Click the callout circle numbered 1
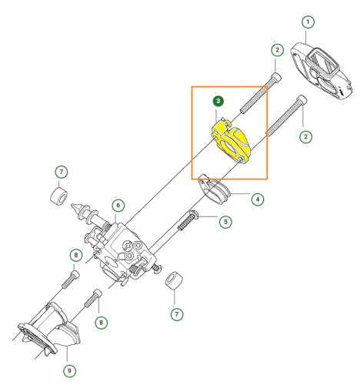(308, 22)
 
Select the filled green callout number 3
(218, 101)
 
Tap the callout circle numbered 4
(258, 199)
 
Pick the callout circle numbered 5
(225, 222)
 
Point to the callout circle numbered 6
(118, 206)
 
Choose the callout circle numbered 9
(69, 371)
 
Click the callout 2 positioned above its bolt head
(277, 50)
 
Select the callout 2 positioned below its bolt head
(305, 136)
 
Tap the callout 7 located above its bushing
(62, 172)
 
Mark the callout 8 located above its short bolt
(76, 255)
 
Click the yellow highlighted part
(231, 142)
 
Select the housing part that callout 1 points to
(321, 70)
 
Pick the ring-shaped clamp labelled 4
(214, 189)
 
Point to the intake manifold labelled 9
(48, 330)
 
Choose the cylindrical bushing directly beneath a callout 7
(58, 196)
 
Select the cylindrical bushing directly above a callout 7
(174, 280)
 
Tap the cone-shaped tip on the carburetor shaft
(76, 208)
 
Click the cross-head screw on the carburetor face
(128, 246)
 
